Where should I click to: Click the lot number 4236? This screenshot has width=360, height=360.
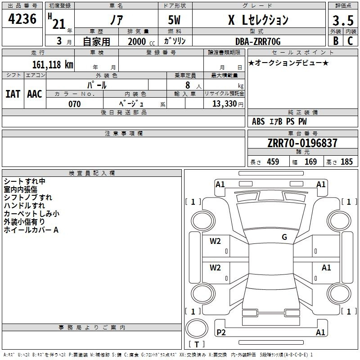pyautogui.click(x=22, y=19)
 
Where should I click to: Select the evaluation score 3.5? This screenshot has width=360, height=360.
pyautogui.click(x=343, y=20)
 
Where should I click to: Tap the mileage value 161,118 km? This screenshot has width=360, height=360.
pyautogui.click(x=53, y=64)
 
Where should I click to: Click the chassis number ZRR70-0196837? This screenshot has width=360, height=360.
pyautogui.click(x=302, y=143)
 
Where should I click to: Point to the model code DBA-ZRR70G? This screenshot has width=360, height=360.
pyautogui.click(x=258, y=41)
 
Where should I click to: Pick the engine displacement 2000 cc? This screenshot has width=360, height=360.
pyautogui.click(x=141, y=41)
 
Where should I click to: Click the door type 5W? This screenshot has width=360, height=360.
pyautogui.click(x=174, y=20)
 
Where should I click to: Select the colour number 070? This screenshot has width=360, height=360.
pyautogui.click(x=75, y=104)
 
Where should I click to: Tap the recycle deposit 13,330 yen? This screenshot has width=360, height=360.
pyautogui.click(x=228, y=104)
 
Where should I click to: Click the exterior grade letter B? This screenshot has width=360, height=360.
pyautogui.click(x=336, y=41)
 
